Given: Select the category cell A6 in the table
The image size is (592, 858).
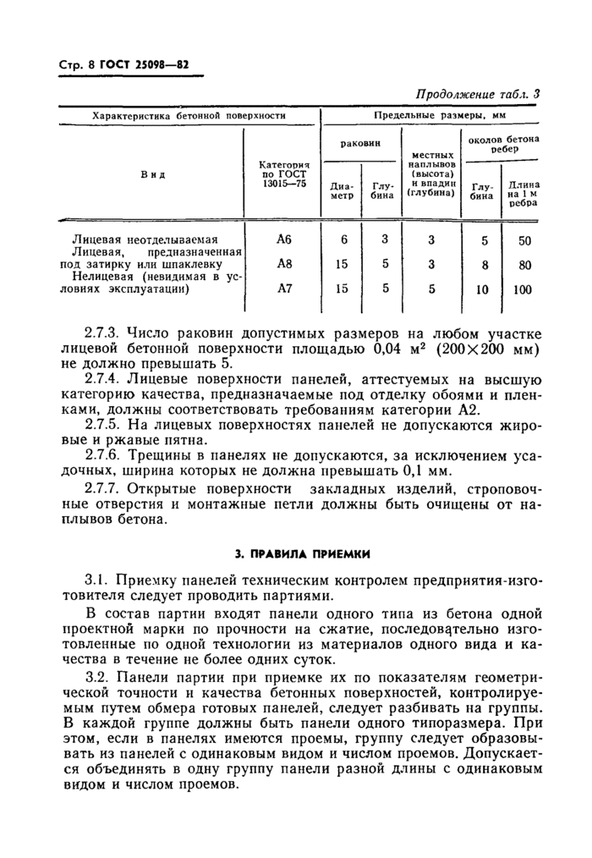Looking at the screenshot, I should click(x=283, y=239).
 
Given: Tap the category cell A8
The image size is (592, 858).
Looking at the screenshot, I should click(x=283, y=264).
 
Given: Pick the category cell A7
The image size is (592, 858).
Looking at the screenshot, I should click(x=283, y=288).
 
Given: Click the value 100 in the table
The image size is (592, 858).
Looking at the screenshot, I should click(x=523, y=289).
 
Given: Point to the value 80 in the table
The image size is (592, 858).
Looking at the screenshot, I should click(x=523, y=265).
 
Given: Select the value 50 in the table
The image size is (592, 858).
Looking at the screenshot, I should click(x=523, y=240).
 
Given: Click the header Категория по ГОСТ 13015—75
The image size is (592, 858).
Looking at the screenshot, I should click(x=283, y=174).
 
